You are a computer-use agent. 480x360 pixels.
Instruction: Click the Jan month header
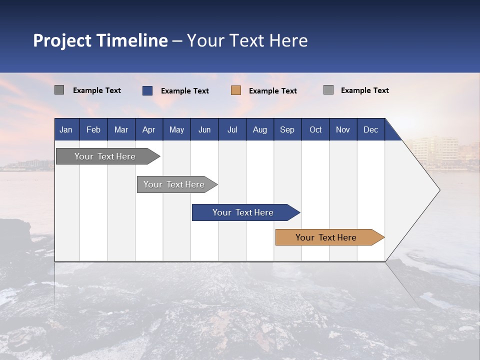pos(66,129)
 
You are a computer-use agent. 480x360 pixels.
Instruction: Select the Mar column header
pos(121,129)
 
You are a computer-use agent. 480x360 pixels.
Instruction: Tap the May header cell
pos(176,129)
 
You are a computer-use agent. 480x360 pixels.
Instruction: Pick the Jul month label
pos(232,129)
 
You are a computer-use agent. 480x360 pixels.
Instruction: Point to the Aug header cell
pos(259,129)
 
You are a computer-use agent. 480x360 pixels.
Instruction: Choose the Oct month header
pos(315,129)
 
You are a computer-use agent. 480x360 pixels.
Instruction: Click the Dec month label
pos(370,129)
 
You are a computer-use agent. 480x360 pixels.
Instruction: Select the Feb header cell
pos(93,129)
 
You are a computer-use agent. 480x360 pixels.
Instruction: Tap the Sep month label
pos(287,129)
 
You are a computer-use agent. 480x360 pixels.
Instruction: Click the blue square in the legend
pos(147,90)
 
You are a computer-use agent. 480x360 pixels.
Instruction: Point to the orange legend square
pos(236,90)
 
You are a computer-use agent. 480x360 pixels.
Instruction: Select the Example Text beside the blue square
pos(185,91)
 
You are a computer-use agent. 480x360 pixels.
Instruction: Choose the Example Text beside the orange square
pos(273,91)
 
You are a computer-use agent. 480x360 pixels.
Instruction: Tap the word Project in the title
pos(62,40)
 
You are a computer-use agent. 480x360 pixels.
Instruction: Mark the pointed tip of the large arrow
pos(439,190)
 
